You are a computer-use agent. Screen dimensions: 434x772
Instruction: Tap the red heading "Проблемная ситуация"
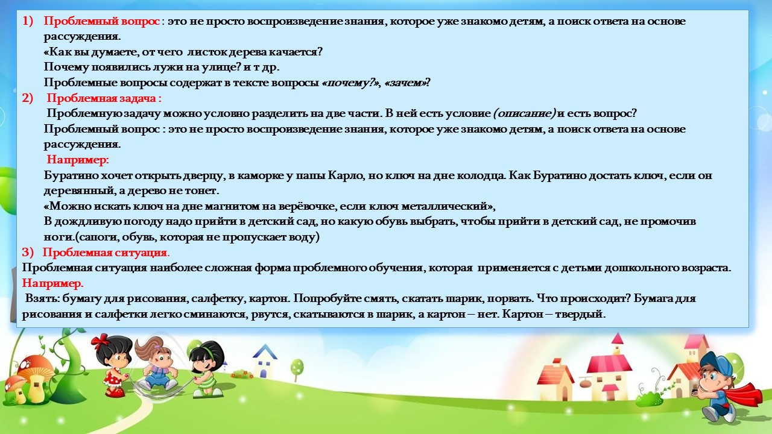104,252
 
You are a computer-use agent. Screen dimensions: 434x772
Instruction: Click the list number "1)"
28,21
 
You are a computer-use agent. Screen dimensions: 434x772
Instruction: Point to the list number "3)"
28,252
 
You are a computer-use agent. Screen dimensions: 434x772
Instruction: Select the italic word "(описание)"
524,113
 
